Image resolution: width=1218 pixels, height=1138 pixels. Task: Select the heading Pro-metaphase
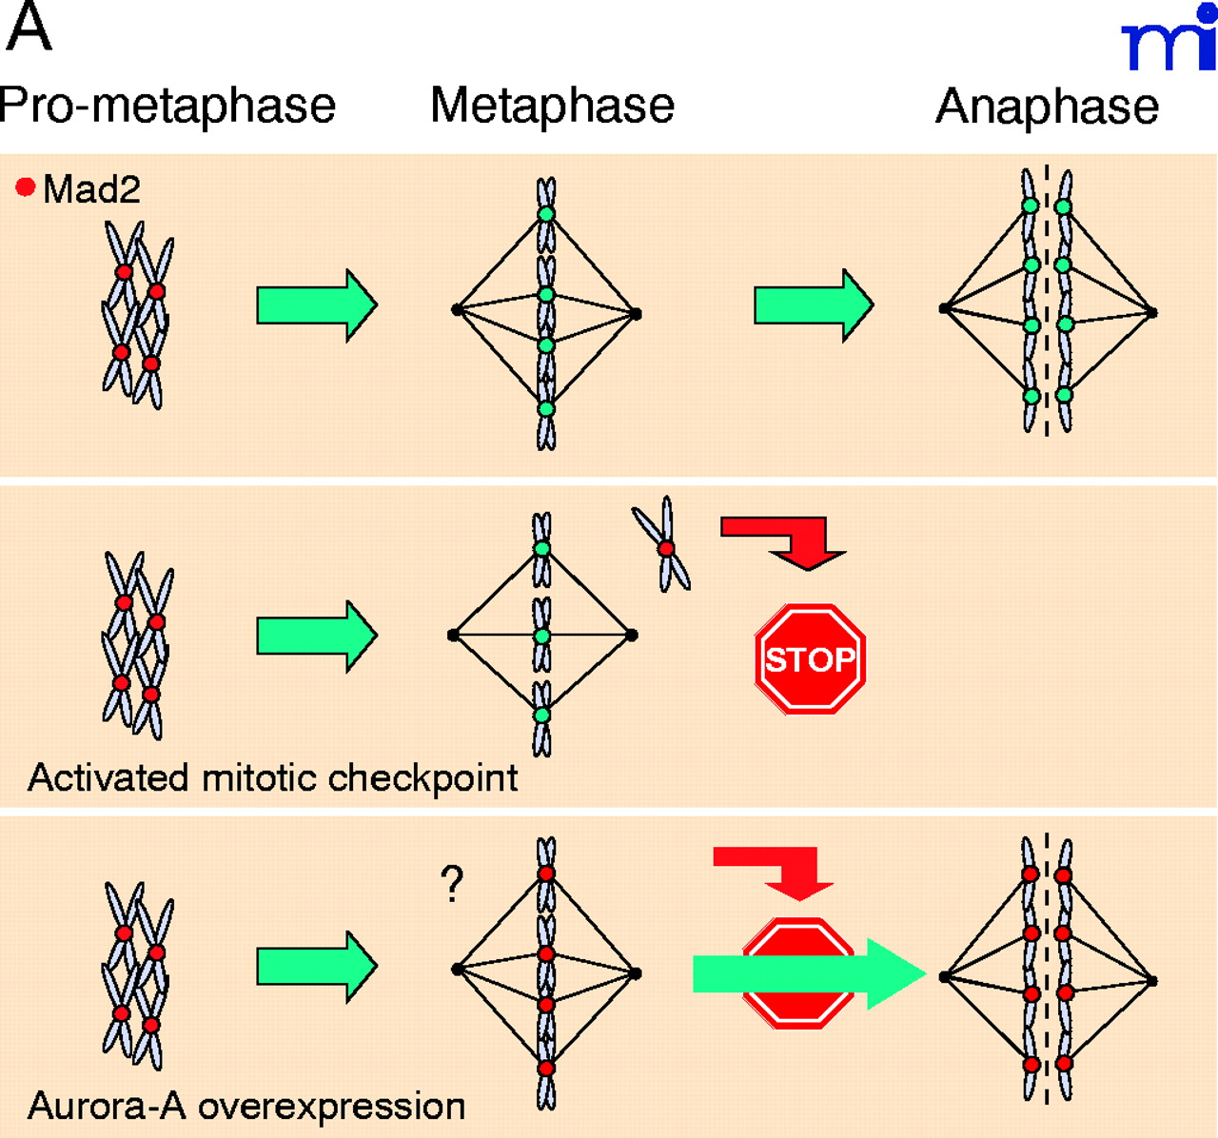[x=167, y=106]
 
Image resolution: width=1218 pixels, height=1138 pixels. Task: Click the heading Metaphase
[x=552, y=106]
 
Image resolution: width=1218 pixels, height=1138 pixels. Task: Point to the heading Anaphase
[x=1047, y=106]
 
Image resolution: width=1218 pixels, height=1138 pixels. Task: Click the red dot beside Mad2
[x=26, y=187]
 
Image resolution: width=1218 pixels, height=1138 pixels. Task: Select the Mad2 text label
[x=91, y=189]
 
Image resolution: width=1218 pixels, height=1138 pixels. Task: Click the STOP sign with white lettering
[x=810, y=658]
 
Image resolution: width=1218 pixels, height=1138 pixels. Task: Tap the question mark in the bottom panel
[x=452, y=884]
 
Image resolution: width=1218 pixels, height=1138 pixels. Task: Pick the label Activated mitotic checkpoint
[x=273, y=777]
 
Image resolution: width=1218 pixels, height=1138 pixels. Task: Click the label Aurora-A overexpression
[x=246, y=1106]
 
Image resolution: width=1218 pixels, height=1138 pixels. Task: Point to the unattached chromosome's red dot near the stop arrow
[x=666, y=548]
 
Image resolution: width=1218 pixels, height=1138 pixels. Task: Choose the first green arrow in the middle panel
[x=317, y=636]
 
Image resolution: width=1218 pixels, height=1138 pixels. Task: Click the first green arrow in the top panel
[x=317, y=305]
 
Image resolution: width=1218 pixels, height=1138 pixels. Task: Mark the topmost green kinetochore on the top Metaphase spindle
[x=546, y=214]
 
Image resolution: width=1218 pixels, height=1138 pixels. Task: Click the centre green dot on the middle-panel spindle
[x=542, y=635]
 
